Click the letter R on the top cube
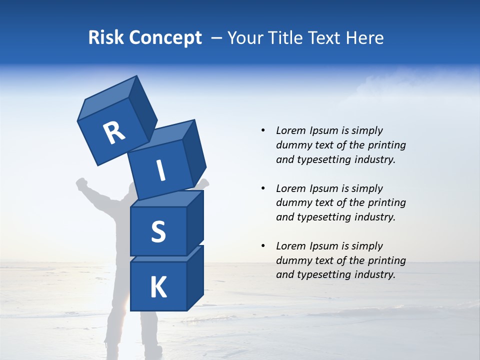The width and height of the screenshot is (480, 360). (x=114, y=133)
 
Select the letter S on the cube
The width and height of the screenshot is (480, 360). (x=158, y=231)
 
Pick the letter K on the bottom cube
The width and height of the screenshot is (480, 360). (x=158, y=287)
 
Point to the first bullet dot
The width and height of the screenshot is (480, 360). (x=263, y=130)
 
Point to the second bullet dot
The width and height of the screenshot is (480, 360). (x=263, y=188)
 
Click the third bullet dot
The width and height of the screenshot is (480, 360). (x=263, y=246)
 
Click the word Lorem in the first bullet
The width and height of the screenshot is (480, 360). (x=290, y=130)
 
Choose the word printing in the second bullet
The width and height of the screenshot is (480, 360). (x=386, y=203)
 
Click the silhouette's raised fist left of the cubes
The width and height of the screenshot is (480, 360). (x=82, y=184)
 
